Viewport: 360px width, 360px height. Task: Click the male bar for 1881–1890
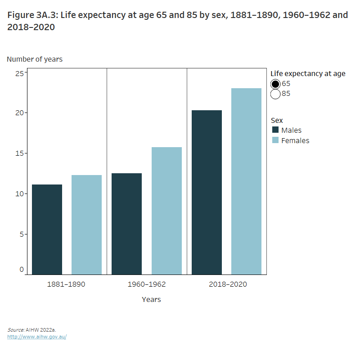tap(47, 229)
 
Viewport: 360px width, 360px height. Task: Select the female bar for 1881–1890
tap(86, 225)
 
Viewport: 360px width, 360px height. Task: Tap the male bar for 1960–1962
tap(126, 224)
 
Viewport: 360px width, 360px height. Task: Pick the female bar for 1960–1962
tap(166, 211)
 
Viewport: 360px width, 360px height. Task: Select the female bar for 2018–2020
tap(246, 181)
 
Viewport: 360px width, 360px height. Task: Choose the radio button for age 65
tap(275, 84)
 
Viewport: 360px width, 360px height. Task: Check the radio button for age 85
tap(275, 94)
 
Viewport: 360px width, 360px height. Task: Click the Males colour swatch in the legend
tap(275, 130)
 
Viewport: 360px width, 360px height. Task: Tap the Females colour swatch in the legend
tap(275, 140)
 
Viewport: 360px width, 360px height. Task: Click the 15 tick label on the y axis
tap(19, 153)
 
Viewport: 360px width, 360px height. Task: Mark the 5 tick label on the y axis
tap(21, 234)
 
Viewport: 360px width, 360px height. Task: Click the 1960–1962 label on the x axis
tap(146, 284)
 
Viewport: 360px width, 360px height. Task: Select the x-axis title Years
tap(151, 299)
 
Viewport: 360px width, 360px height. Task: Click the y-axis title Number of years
tap(35, 59)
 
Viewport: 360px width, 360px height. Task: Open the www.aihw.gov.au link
tap(37, 337)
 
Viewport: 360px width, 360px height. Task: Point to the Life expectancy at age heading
tap(308, 74)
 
